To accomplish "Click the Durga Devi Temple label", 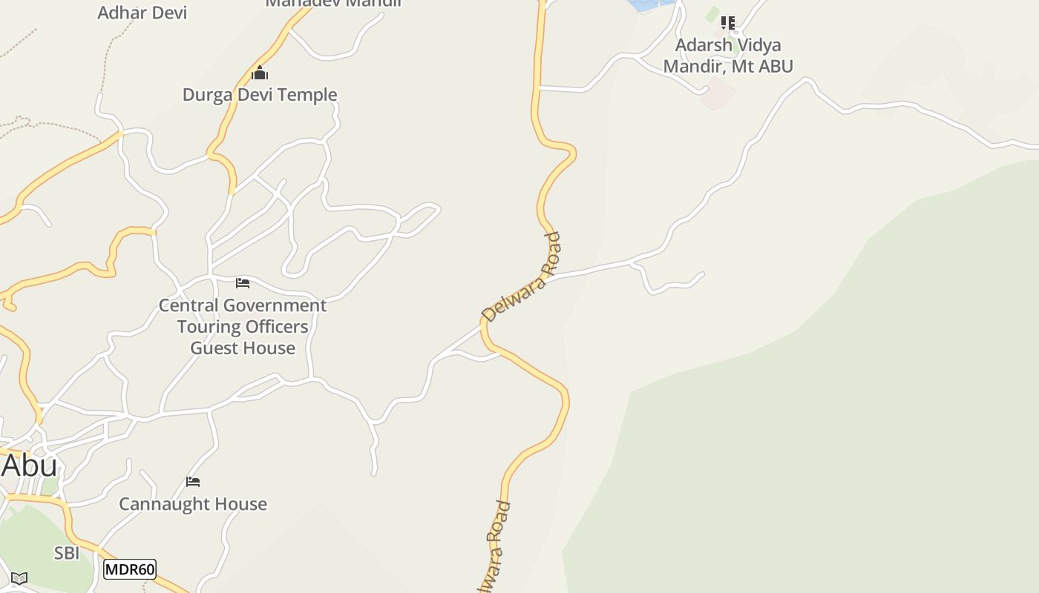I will point(260,95).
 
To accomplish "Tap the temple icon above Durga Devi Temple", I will point(259,73).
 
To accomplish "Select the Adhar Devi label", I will point(142,13).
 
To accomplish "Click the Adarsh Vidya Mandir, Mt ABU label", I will point(727,56).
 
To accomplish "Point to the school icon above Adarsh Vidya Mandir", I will point(728,23).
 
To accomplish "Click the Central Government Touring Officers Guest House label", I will point(243,326).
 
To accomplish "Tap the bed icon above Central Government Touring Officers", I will point(243,282).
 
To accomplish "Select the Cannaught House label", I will point(193,504).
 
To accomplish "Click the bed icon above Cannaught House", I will point(193,482).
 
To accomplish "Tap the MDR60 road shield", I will point(130,569).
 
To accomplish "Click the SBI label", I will point(67,553).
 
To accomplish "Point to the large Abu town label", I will point(30,466).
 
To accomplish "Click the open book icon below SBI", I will point(19,578).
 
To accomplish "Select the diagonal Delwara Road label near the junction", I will point(521,278).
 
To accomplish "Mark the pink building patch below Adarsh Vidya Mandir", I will point(718,95).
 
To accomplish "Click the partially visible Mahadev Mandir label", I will point(334,3).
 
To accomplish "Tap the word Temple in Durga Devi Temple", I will point(306,95).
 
